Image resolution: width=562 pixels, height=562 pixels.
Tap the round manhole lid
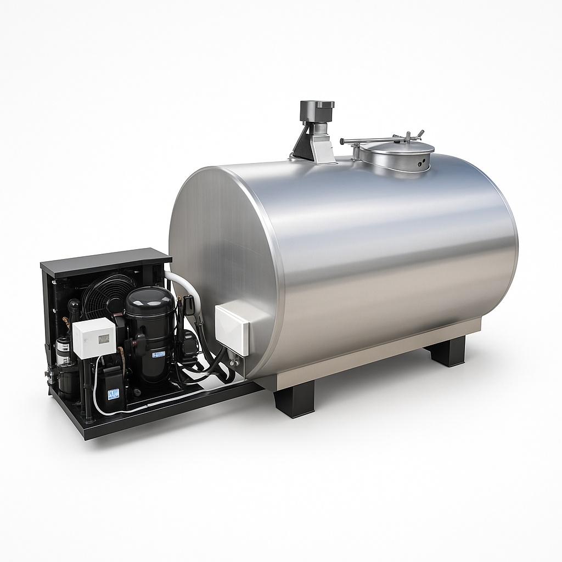pyautogui.click(x=395, y=148)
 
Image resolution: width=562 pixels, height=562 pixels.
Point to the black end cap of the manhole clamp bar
pyautogui.click(x=342, y=141)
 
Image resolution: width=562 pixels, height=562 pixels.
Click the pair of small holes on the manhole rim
pyautogui.click(x=421, y=164)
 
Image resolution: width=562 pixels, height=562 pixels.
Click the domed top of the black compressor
pyautogui.click(x=149, y=299)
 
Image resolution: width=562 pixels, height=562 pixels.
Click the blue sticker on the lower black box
pyautogui.click(x=113, y=394)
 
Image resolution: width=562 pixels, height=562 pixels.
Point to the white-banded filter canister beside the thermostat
pyautogui.click(x=64, y=351)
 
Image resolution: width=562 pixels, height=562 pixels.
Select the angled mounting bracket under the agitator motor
pyautogui.click(x=313, y=144)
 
